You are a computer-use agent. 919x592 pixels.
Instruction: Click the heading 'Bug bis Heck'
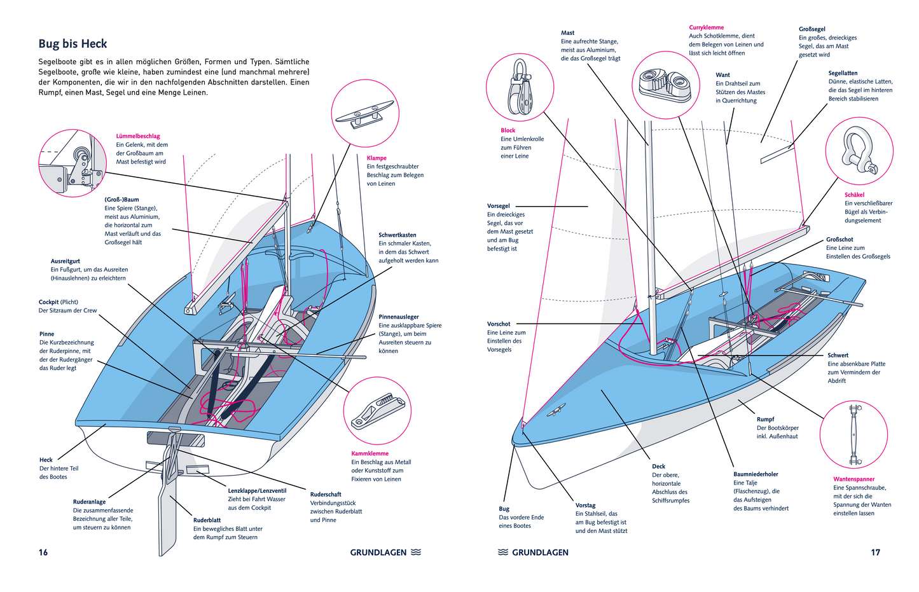pyautogui.click(x=73, y=44)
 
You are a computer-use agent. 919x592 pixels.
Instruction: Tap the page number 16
pyautogui.click(x=43, y=552)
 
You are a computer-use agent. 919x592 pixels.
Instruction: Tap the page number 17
pyautogui.click(x=875, y=552)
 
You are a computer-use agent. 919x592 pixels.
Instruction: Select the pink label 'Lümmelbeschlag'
pyautogui.click(x=138, y=136)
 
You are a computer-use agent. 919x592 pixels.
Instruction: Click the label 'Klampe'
pyautogui.click(x=377, y=158)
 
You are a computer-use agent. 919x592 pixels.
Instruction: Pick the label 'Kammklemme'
pyautogui.click(x=370, y=453)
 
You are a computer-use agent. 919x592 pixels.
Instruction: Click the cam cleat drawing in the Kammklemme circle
pyautogui.click(x=376, y=411)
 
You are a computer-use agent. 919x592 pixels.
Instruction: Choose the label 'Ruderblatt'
pyautogui.click(x=207, y=520)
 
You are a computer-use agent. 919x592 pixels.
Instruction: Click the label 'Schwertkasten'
pyautogui.click(x=397, y=235)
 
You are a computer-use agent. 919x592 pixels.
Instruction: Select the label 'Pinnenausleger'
pyautogui.click(x=399, y=317)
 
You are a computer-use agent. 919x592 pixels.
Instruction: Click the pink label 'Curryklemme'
pyautogui.click(x=706, y=27)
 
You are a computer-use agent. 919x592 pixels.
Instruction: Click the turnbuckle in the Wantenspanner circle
pyautogui.click(x=852, y=434)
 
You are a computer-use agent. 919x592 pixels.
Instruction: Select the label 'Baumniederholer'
pyautogui.click(x=756, y=474)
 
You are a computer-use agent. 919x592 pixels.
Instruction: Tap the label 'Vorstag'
pyautogui.click(x=585, y=505)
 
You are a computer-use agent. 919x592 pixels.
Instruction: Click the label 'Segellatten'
pyautogui.click(x=843, y=73)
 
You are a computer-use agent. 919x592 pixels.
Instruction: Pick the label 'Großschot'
pyautogui.click(x=840, y=239)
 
